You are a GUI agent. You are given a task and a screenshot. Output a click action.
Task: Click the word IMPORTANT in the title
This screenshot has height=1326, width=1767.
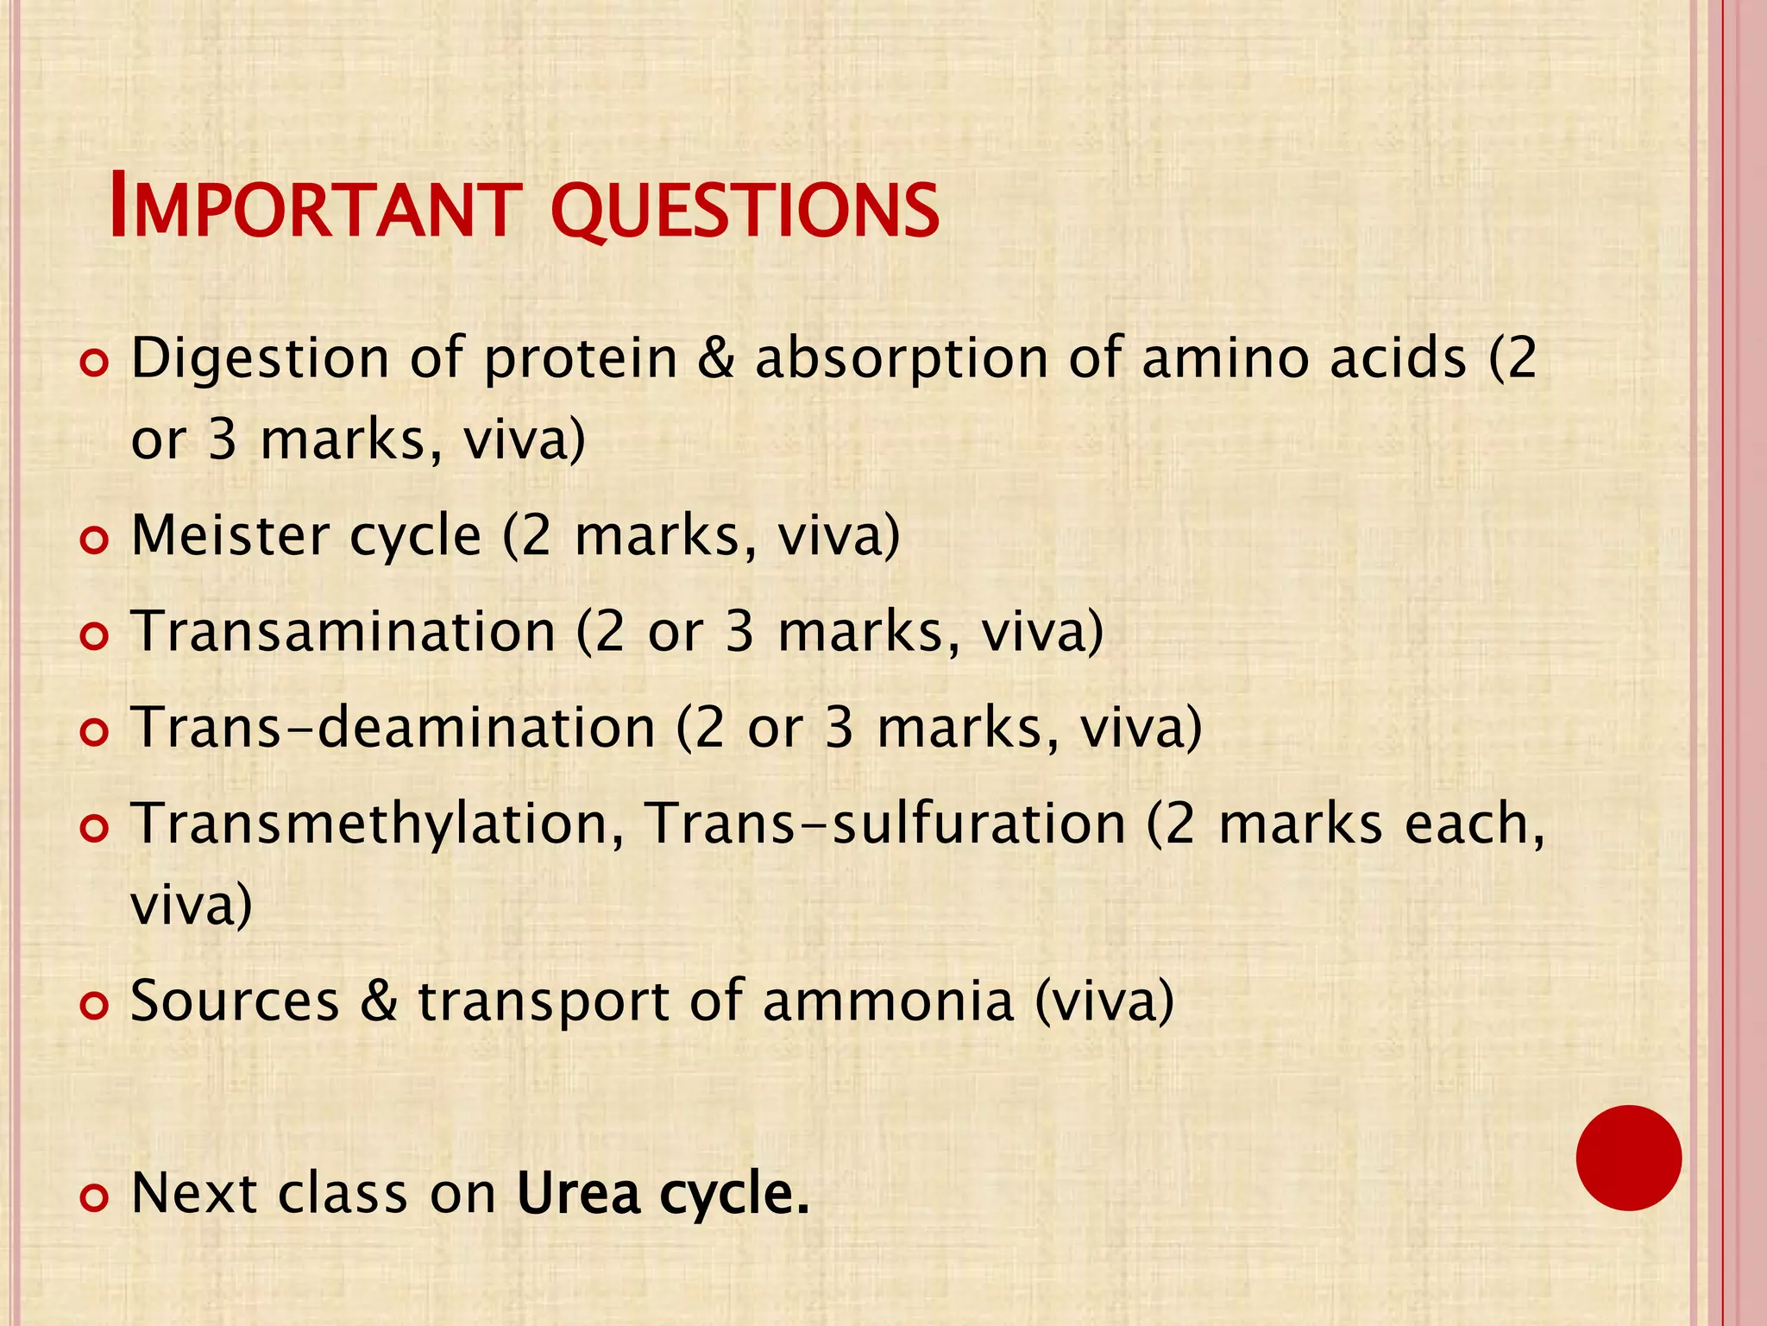[x=316, y=209]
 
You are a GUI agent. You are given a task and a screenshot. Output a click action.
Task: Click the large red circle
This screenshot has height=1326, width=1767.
[x=1628, y=1158]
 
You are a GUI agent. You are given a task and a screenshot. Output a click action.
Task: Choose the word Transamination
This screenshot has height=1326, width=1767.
[x=343, y=631]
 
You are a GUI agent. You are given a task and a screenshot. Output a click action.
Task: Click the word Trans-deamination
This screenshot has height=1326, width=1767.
[x=393, y=727]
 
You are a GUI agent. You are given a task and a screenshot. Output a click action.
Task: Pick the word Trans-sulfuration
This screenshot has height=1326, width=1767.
[x=885, y=823]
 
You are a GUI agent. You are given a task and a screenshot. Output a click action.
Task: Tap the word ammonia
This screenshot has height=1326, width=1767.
[x=888, y=1001]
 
